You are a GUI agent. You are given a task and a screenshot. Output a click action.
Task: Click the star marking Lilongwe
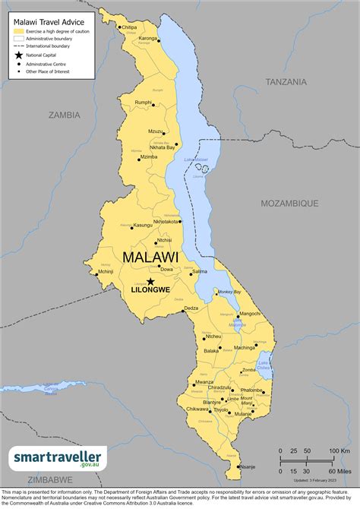click(x=150, y=282)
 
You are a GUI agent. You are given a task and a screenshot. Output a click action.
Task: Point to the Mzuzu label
click(x=156, y=131)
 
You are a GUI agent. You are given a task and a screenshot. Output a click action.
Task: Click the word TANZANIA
click(x=286, y=81)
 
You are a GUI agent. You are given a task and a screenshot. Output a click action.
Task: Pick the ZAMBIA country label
click(x=64, y=115)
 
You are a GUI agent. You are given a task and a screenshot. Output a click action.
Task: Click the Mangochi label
click(x=250, y=313)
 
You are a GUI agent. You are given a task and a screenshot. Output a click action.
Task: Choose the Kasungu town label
click(x=143, y=225)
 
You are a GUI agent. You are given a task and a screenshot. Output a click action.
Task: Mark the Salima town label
click(x=199, y=271)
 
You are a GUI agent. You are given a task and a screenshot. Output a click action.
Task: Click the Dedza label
click(x=191, y=308)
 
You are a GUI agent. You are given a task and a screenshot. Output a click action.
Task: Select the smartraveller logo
click(x=58, y=459)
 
